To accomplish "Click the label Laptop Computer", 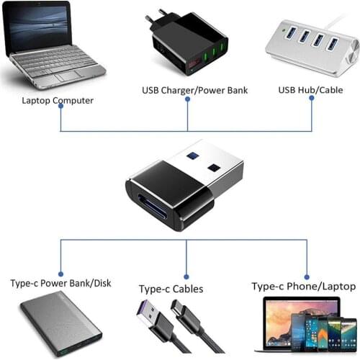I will click(58, 101).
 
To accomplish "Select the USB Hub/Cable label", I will click(310, 90).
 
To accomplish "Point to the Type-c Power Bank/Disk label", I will click(61, 283).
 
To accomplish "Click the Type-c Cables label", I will click(171, 289).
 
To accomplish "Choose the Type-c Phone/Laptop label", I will click(303, 286).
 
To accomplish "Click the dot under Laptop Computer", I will click(60, 106).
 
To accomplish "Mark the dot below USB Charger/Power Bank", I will click(187, 99).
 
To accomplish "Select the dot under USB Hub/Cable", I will click(313, 99).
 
